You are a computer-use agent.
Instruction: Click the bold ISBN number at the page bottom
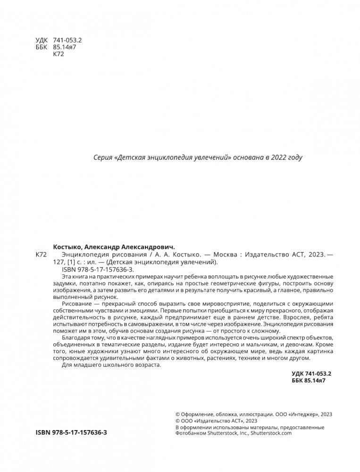click(x=71, y=432)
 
